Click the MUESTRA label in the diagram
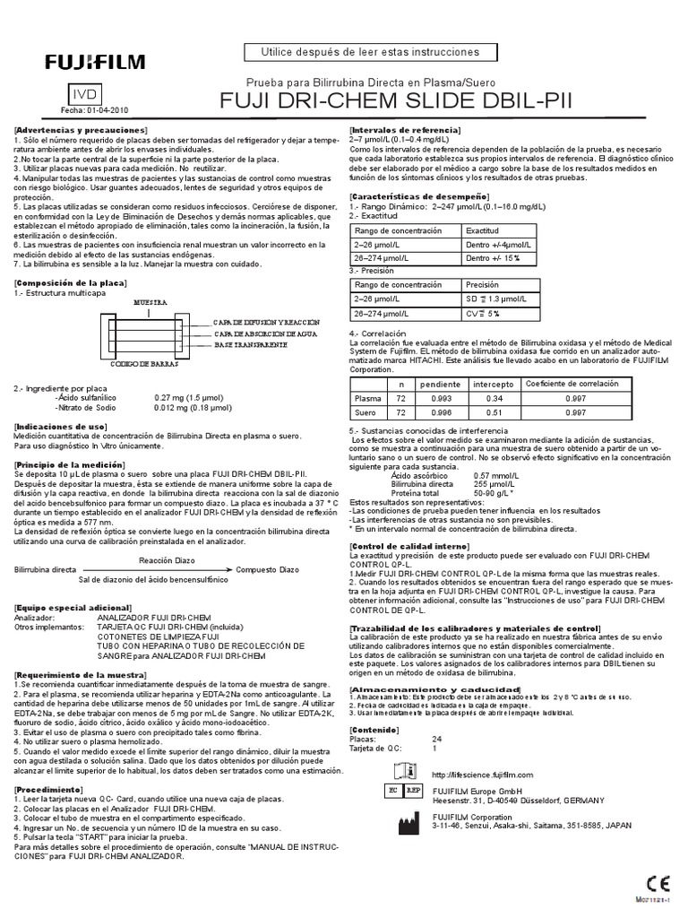tap(151, 304)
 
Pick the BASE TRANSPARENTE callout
tap(250, 344)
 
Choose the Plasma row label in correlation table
tap(367, 397)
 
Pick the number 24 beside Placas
tap(437, 738)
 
